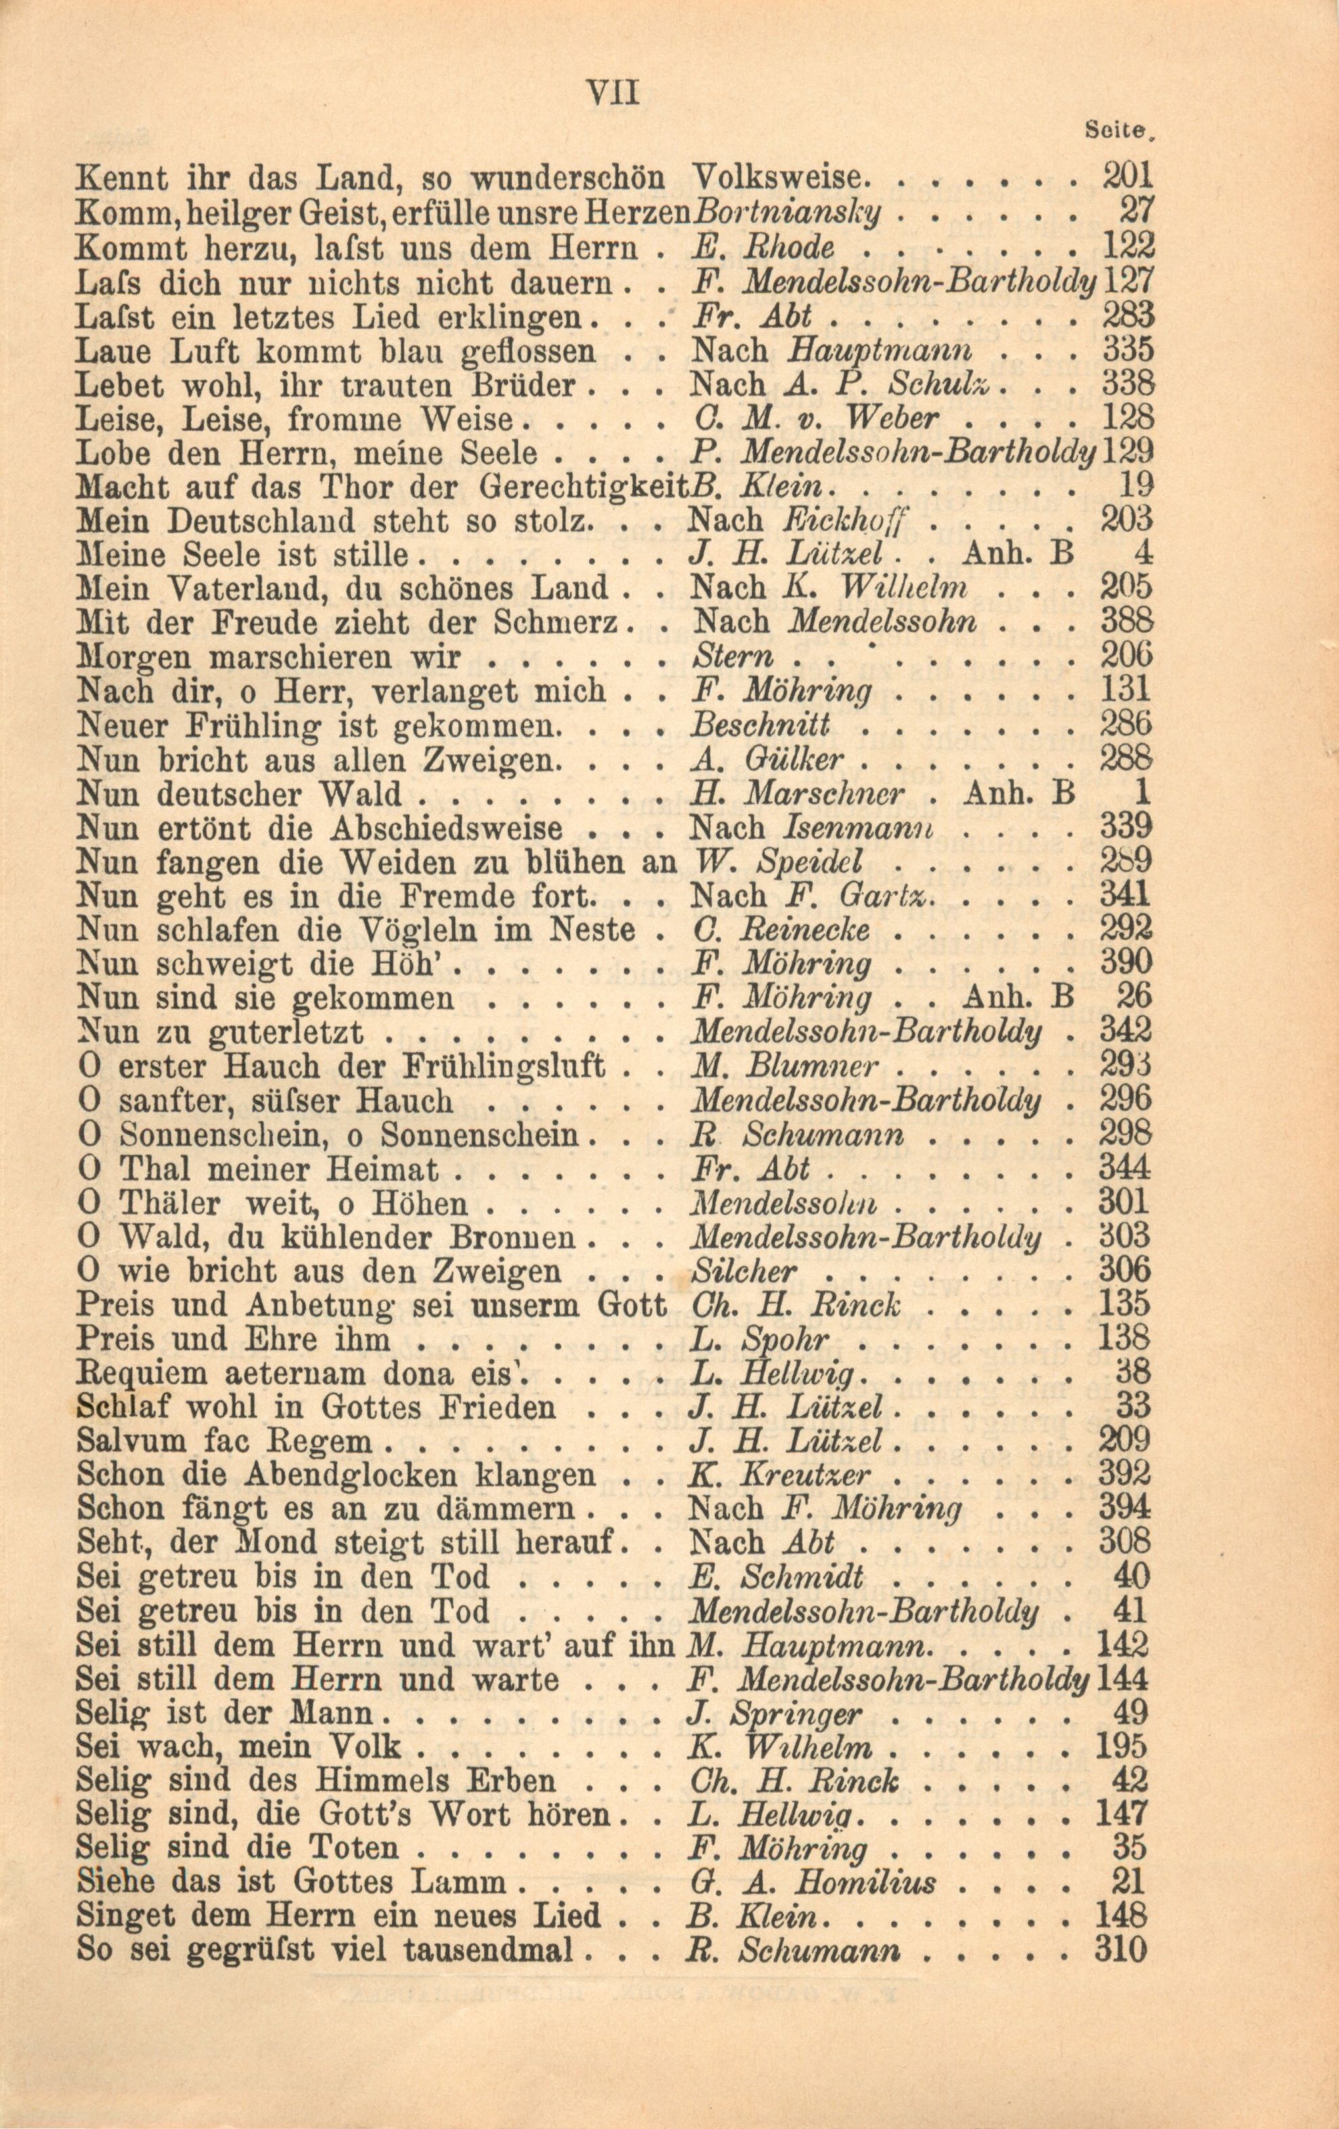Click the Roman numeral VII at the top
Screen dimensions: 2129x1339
tap(613, 93)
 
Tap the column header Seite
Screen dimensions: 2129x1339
tap(1119, 129)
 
